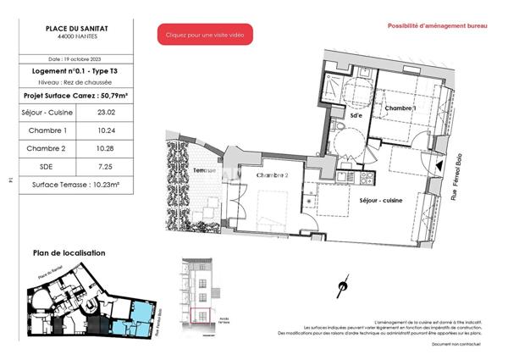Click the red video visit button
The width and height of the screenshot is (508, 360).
click(204, 35)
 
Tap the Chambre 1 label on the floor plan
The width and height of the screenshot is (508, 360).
click(400, 108)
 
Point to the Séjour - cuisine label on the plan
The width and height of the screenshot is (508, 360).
click(381, 200)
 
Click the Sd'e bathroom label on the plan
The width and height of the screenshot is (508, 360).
click(356, 114)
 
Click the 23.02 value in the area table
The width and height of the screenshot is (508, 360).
click(106, 111)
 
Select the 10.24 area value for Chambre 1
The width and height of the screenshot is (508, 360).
click(106, 130)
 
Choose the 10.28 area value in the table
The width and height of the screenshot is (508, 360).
click(106, 148)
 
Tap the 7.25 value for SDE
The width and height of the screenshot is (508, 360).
click(106, 167)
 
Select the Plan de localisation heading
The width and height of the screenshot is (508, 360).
click(69, 252)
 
